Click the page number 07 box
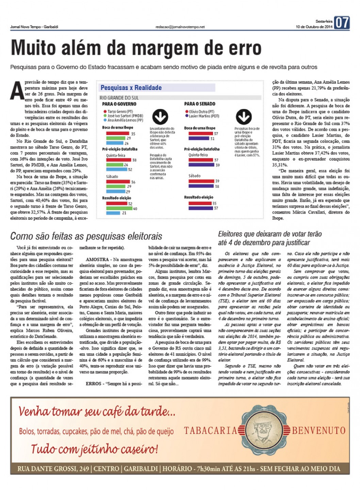tap(342, 23)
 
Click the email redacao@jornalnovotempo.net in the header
tap(180, 27)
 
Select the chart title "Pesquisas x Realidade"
tap(131, 88)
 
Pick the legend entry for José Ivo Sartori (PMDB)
tap(123, 116)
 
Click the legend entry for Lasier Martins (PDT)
tap(202, 116)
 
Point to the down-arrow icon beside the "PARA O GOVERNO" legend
tap(160, 117)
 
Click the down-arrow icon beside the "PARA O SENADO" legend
tap(244, 117)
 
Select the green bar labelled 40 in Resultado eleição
tap(119, 208)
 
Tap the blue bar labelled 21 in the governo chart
tap(113, 213)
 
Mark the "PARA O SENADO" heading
tap(200, 104)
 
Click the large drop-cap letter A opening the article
tap(17, 91)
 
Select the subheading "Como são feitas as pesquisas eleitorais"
tap(86, 236)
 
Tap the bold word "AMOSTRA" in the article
tap(97, 260)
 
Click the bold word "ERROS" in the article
tap(94, 383)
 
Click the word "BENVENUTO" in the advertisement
tap(318, 431)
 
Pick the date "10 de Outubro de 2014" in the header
tap(314, 27)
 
